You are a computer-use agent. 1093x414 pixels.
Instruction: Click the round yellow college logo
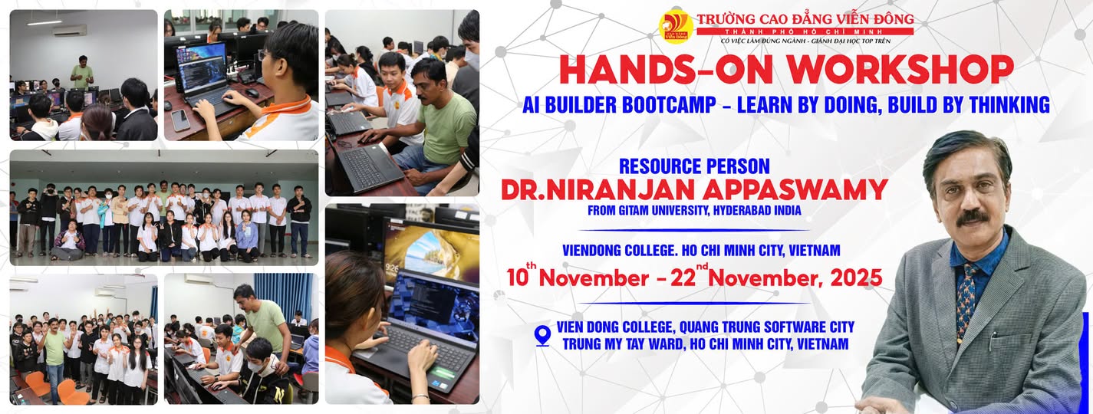tap(676, 25)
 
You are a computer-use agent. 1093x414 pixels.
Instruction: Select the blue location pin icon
tap(542, 336)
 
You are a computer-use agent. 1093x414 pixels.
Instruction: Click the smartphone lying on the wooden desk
tap(180, 120)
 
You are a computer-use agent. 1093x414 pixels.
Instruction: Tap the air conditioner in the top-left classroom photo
tap(69, 31)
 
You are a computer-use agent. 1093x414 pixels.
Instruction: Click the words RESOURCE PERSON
tap(694, 166)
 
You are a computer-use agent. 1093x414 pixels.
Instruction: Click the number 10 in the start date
tap(517, 278)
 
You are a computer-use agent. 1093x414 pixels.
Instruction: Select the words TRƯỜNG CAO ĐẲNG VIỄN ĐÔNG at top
tap(805, 19)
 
